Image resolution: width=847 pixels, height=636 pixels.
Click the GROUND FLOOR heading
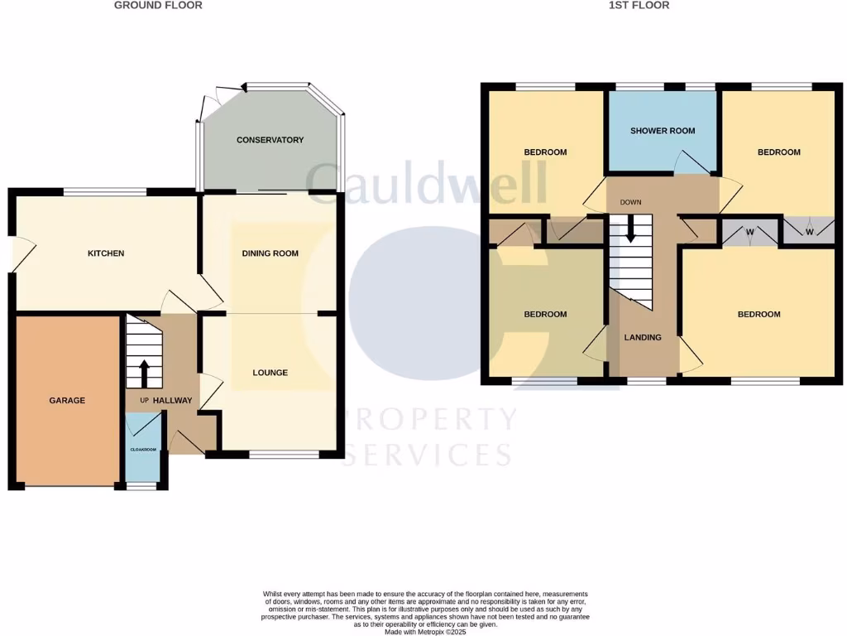coord(157,5)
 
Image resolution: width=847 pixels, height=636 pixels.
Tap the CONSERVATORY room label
coord(270,140)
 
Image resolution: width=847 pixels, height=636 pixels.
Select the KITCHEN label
coord(106,253)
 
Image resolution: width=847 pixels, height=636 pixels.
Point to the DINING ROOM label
coord(270,253)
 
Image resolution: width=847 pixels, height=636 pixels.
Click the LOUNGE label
coord(270,373)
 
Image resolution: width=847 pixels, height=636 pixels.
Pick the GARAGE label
coord(67,400)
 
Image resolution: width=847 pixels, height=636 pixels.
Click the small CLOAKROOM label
coord(143,450)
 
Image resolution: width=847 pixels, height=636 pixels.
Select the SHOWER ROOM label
coord(663,131)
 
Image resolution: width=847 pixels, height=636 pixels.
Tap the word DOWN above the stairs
coord(630,202)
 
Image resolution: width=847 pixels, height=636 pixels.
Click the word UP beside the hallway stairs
coord(143,401)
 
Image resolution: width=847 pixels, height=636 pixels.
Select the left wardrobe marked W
coord(749,232)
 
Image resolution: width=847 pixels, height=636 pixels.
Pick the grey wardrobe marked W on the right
coord(808,230)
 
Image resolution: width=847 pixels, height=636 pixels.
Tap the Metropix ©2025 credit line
coord(426,632)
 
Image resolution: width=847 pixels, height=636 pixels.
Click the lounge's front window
coord(284,454)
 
